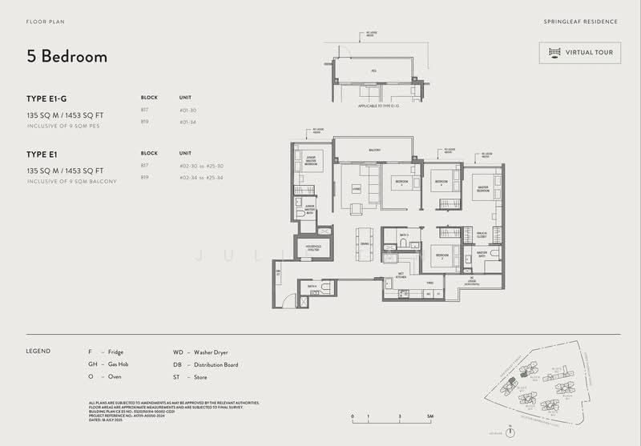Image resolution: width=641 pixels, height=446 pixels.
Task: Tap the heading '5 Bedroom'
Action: [x=67, y=57]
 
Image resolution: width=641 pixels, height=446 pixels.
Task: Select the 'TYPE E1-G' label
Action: [x=46, y=98]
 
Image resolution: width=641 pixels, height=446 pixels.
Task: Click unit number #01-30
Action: [x=189, y=110]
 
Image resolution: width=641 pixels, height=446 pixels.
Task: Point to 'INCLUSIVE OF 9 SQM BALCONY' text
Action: [x=71, y=182]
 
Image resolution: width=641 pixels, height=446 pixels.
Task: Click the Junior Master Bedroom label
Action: [x=312, y=160]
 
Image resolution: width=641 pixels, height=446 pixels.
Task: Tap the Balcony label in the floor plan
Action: [x=373, y=150]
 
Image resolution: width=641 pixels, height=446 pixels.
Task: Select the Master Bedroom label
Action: [x=483, y=190]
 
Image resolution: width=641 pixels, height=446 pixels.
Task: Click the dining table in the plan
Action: [x=365, y=242]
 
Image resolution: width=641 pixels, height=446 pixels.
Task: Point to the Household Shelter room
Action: [x=311, y=248]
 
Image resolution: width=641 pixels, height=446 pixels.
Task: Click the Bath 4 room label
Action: [x=312, y=286]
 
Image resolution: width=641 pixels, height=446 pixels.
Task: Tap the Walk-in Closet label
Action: [x=481, y=236]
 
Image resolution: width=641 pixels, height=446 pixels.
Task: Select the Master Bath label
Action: [x=482, y=253]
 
